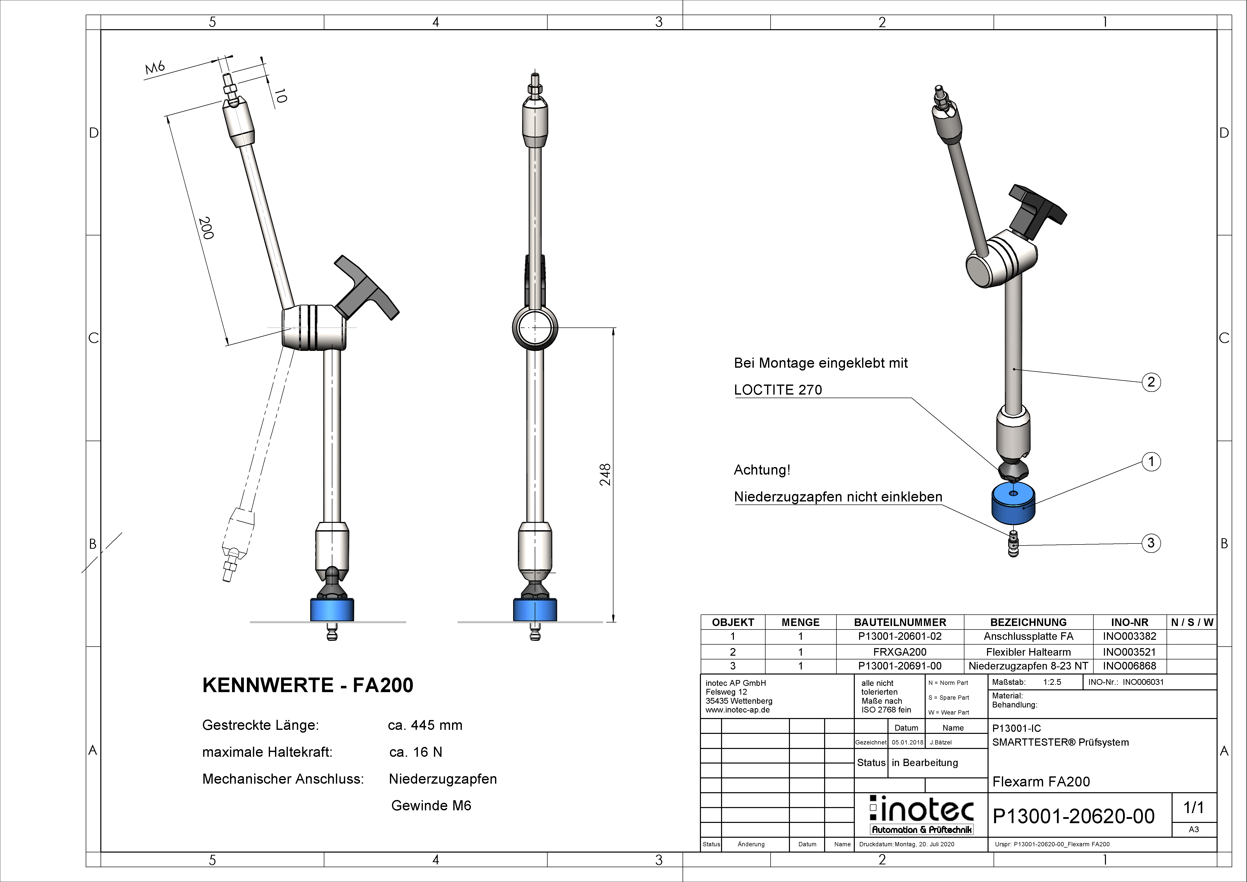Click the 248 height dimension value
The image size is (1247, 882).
point(605,474)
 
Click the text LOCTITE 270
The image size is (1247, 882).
point(778,390)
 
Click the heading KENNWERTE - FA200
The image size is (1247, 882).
point(307,685)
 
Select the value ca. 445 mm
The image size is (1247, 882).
point(425,725)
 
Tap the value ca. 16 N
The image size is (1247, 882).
point(416,752)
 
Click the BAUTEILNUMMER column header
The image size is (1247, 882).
point(900,622)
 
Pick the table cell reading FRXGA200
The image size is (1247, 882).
point(900,652)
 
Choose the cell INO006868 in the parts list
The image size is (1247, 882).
point(1129,666)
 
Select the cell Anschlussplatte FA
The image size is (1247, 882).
point(1028,636)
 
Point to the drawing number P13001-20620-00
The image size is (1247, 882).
point(1073,816)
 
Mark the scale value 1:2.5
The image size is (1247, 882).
point(1052,682)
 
